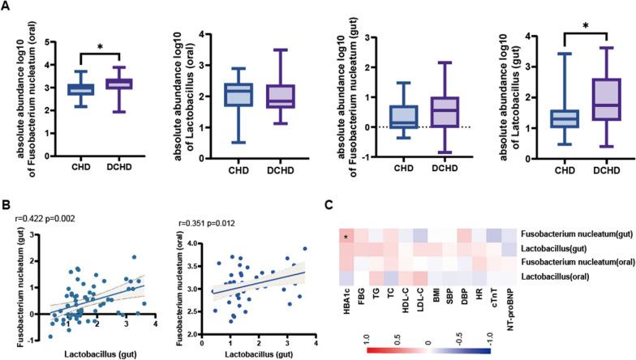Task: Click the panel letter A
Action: (x=6, y=7)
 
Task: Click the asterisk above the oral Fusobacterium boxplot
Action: (x=101, y=47)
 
